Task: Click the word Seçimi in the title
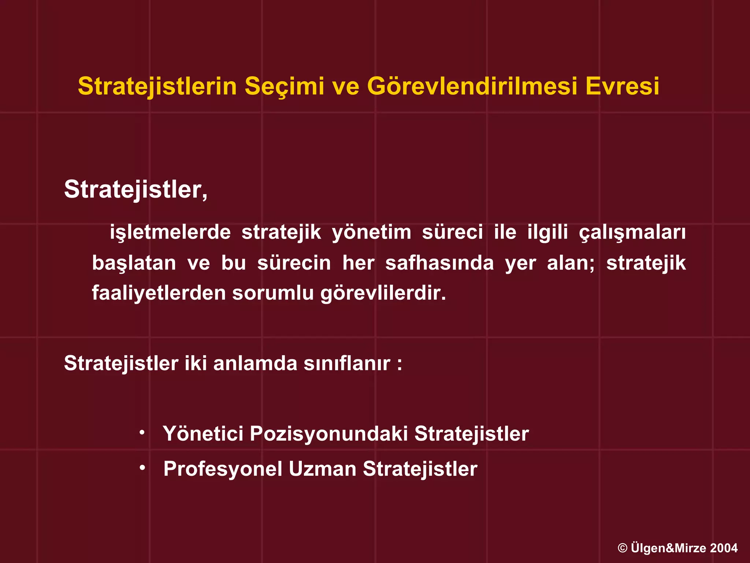click(x=284, y=87)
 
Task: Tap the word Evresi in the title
click(x=622, y=87)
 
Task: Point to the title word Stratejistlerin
click(x=157, y=87)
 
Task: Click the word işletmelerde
click(x=170, y=233)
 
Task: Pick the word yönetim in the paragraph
click(x=371, y=233)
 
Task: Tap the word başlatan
click(x=134, y=263)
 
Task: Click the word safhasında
click(x=439, y=263)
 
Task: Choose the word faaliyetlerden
click(x=159, y=293)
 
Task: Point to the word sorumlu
click(x=273, y=293)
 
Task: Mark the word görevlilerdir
click(x=383, y=293)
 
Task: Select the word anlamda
click(x=255, y=364)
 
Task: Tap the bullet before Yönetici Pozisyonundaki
click(x=142, y=433)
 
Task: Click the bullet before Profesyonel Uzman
click(x=142, y=468)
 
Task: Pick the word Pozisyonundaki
click(x=328, y=434)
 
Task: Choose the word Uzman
click(x=322, y=469)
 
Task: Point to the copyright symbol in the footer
click(x=623, y=548)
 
